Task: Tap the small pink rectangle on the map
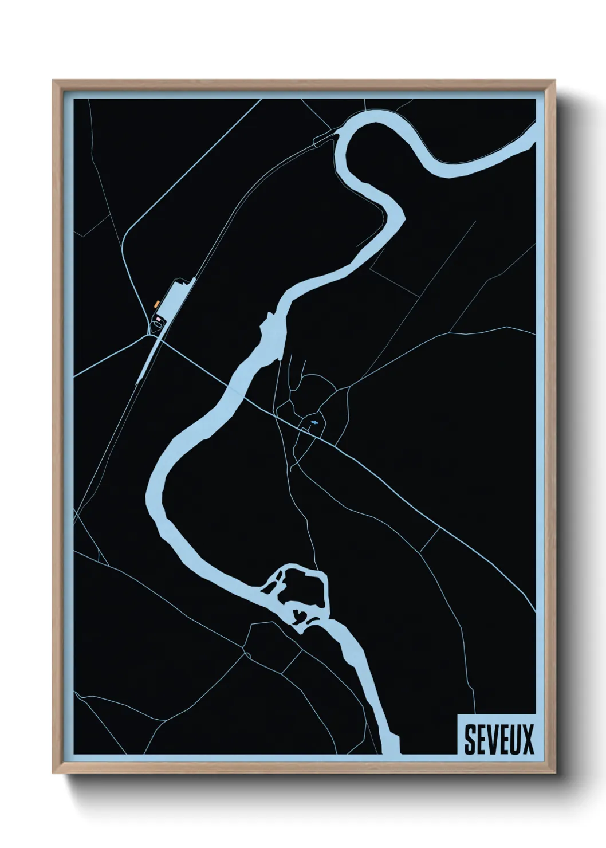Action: (x=158, y=318)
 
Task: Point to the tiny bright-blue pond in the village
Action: (x=314, y=422)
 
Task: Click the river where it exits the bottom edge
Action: (x=391, y=748)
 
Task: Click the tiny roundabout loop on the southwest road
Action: (x=248, y=654)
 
